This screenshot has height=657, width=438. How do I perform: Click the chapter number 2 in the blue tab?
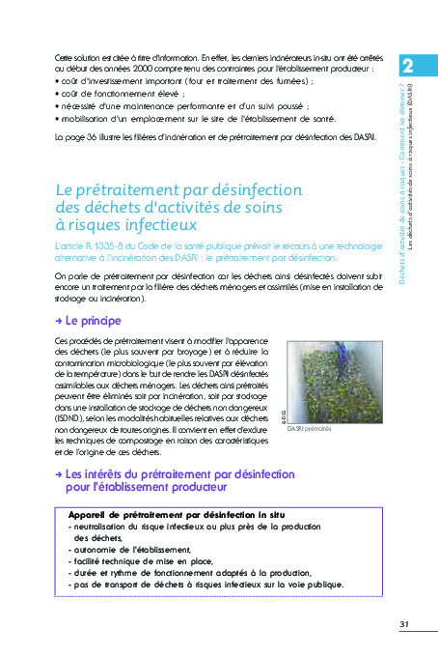click(408, 66)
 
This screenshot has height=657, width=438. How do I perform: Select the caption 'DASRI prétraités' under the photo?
click(309, 428)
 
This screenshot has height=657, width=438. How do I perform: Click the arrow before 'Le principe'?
click(60, 320)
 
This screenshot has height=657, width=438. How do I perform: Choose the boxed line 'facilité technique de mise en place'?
click(145, 561)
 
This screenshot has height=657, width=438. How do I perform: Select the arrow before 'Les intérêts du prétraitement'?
click(60, 474)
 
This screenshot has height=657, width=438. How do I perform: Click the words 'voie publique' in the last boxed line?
click(311, 585)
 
